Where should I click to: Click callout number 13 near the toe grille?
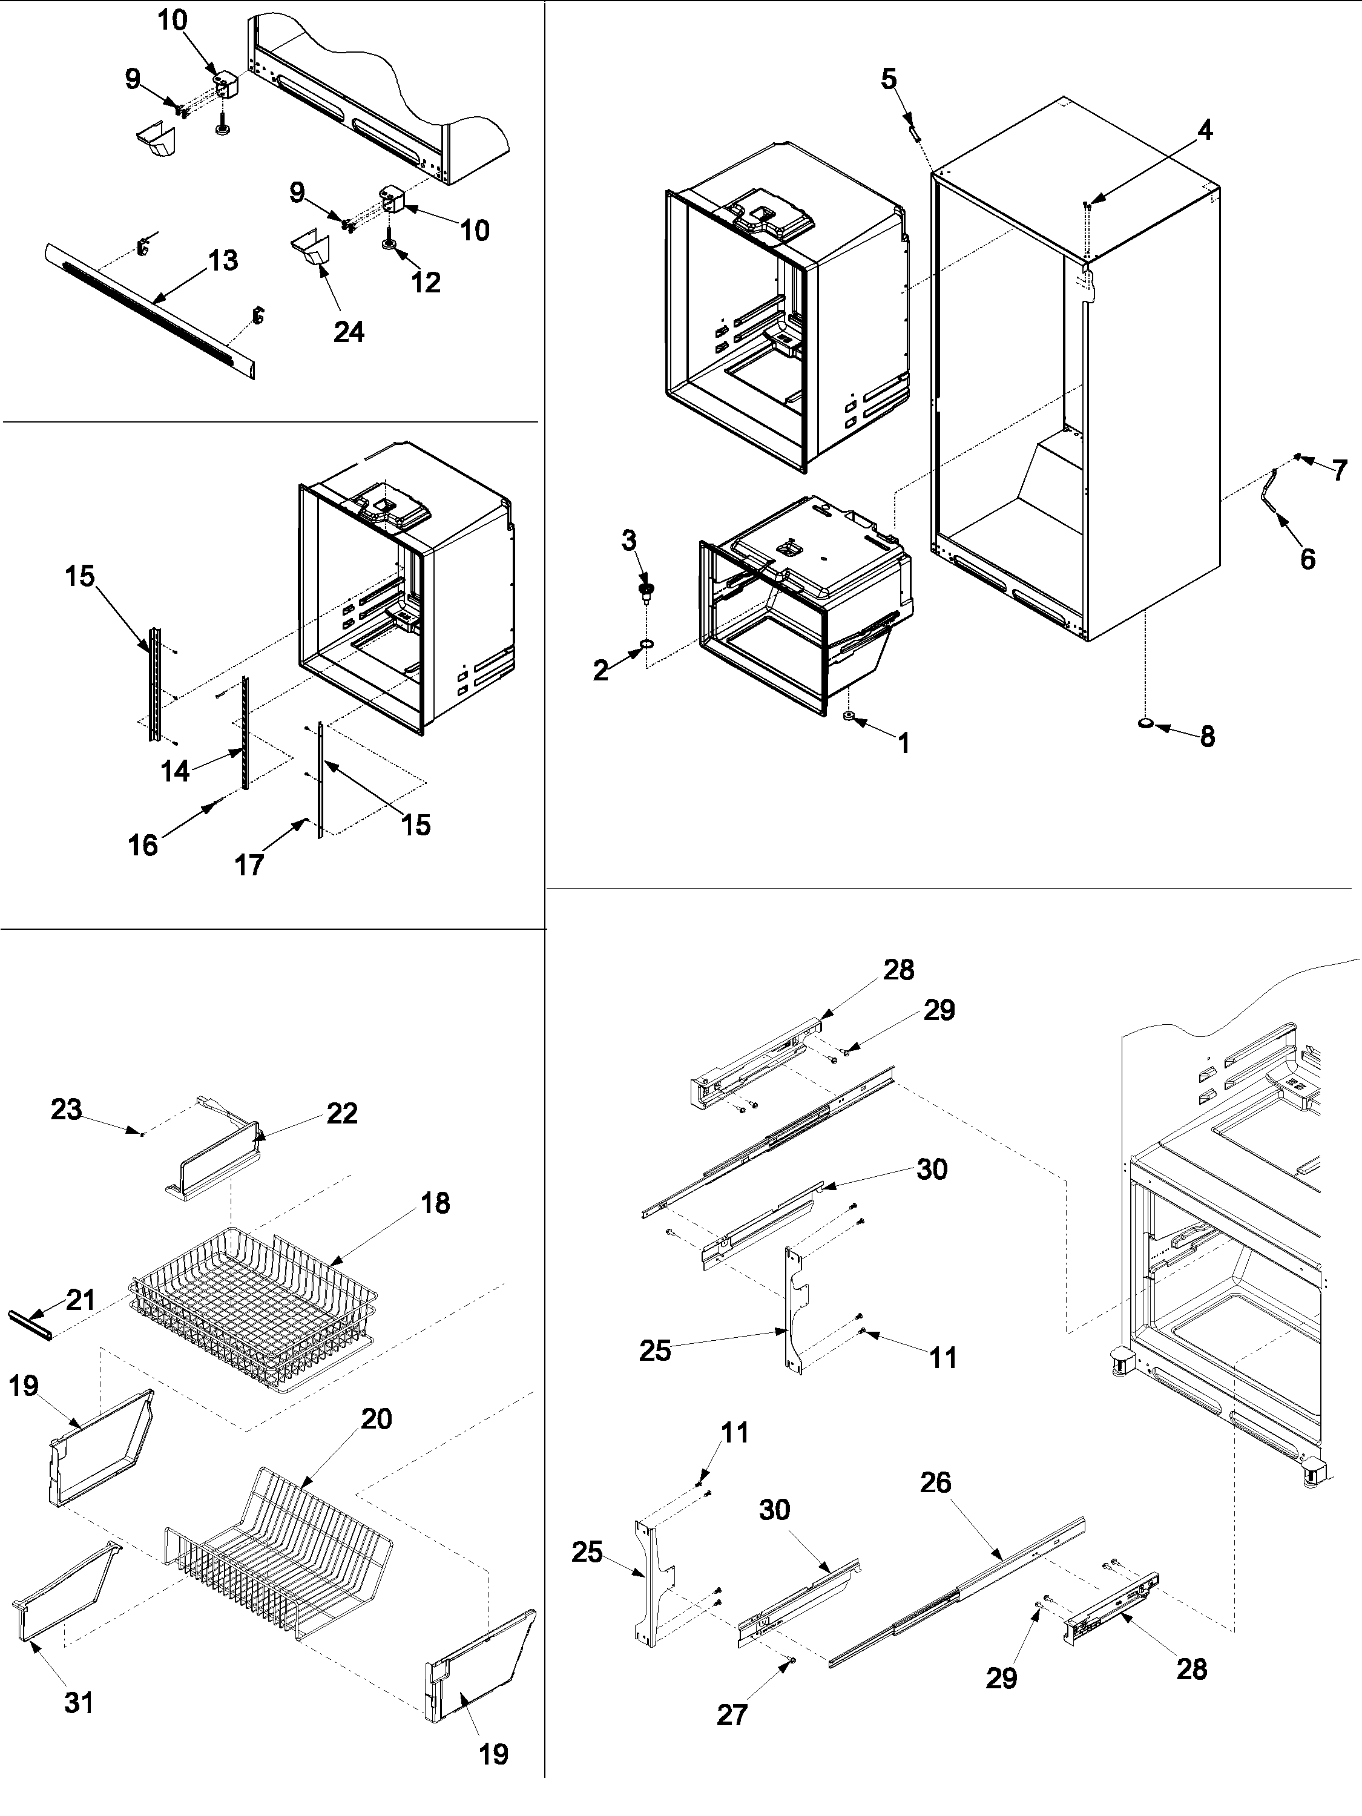click(223, 261)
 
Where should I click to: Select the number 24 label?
click(348, 332)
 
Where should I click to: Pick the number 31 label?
click(79, 1703)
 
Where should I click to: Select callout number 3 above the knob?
click(629, 541)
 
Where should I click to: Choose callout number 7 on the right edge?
click(1339, 470)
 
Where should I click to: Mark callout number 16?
click(143, 845)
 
